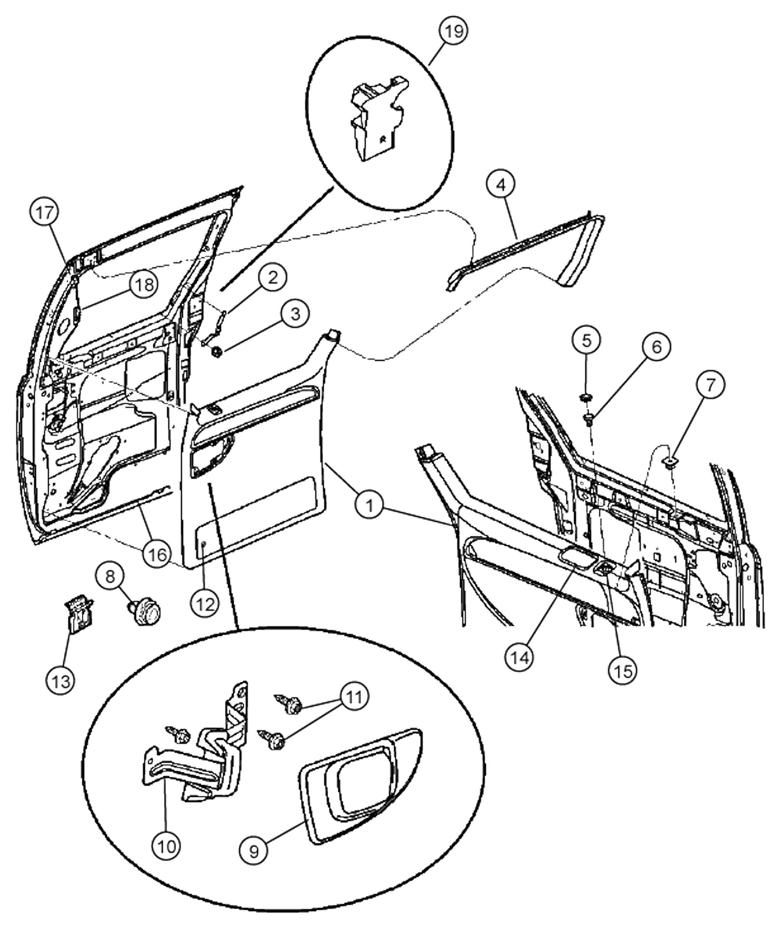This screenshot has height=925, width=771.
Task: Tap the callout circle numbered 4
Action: tap(501, 185)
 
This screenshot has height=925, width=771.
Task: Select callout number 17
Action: tap(44, 213)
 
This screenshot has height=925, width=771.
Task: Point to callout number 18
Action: tap(144, 285)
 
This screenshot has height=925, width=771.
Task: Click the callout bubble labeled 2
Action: tap(272, 277)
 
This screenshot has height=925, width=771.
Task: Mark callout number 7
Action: tap(709, 384)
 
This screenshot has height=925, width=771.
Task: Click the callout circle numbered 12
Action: tap(205, 603)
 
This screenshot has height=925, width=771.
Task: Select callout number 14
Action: tap(520, 657)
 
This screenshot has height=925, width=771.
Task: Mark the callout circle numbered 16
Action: tap(157, 554)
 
